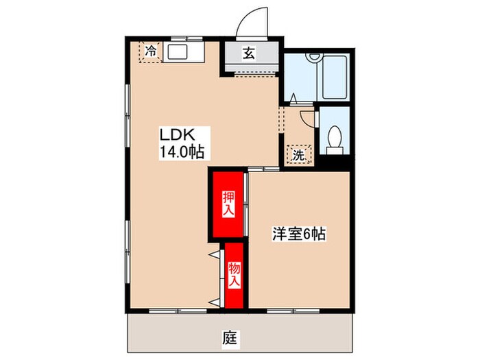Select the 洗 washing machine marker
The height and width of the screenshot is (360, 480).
click(298, 154)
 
